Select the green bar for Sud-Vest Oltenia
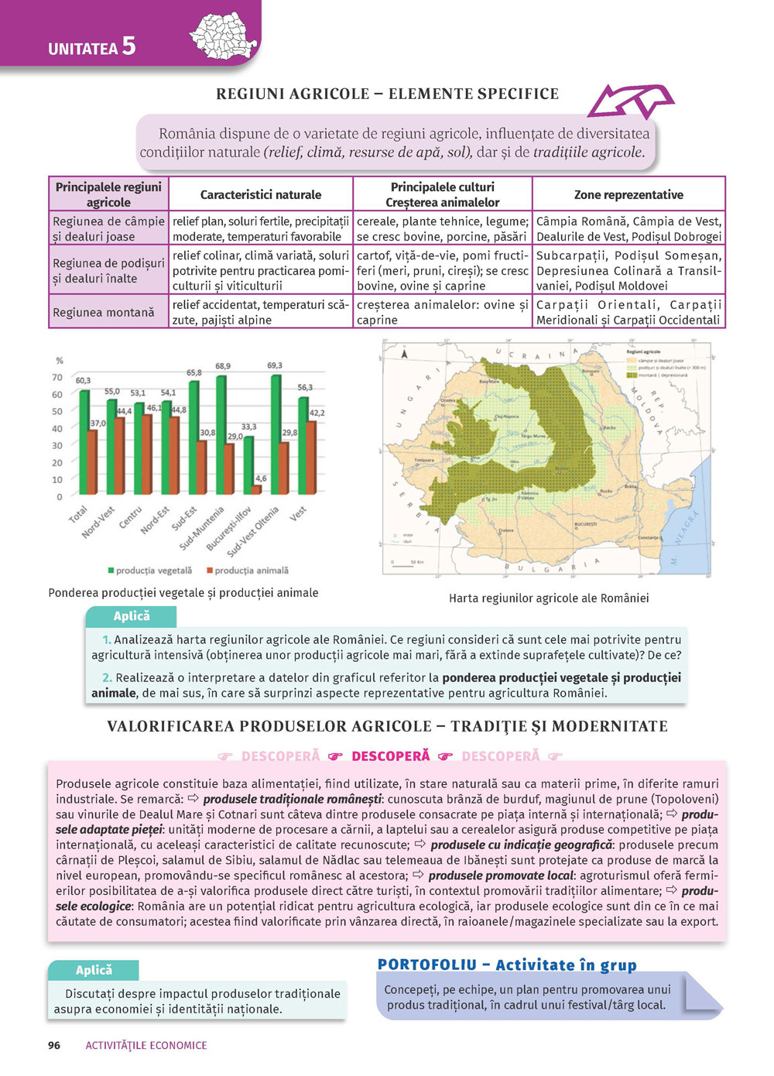276,433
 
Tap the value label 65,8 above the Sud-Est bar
193,373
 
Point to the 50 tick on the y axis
57,412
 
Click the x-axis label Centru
131,518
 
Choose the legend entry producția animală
247,571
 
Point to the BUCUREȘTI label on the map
584,524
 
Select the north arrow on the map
403,354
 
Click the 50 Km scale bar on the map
416,563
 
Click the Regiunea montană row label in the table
104,313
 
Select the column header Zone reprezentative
628,195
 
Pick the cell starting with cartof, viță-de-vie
442,270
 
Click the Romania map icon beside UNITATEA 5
224,36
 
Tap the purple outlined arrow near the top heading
630,103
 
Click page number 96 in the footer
54,1045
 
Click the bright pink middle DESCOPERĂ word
390,756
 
